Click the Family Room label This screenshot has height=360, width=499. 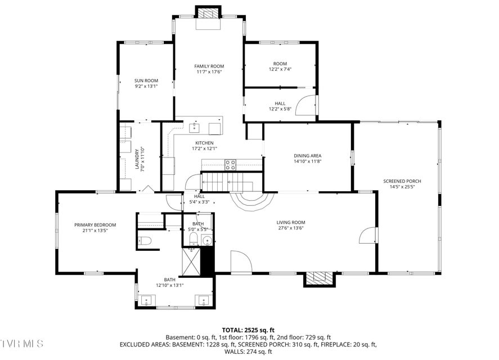pyautogui.click(x=209, y=66)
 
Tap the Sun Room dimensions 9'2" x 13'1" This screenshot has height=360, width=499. pyautogui.click(x=146, y=86)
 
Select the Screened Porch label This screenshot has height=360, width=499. pyautogui.click(x=402, y=181)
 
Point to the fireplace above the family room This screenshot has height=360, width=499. pyautogui.click(x=209, y=13)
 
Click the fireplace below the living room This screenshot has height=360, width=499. pyautogui.click(x=320, y=278)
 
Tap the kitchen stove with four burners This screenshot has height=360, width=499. pyautogui.click(x=231, y=164)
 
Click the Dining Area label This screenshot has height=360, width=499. pyautogui.click(x=307, y=156)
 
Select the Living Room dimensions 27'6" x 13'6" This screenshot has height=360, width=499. pyautogui.click(x=291, y=228)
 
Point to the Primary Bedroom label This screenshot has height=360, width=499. pyautogui.click(x=95, y=225)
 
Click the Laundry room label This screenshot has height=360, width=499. pyautogui.click(x=137, y=159)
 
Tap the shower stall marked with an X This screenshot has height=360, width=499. pyautogui.click(x=191, y=262)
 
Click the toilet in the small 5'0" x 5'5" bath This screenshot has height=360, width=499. pyautogui.click(x=193, y=238)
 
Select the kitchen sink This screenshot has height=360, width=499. pyautogui.click(x=195, y=128)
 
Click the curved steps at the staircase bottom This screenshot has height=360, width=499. pyautogui.click(x=252, y=200)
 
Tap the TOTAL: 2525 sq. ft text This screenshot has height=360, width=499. pyautogui.click(x=248, y=330)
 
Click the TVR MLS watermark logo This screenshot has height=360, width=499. pyautogui.click(x=21, y=344)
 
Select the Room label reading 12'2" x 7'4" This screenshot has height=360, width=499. pyautogui.click(x=280, y=66)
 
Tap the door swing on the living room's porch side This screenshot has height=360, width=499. pyautogui.click(x=367, y=235)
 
